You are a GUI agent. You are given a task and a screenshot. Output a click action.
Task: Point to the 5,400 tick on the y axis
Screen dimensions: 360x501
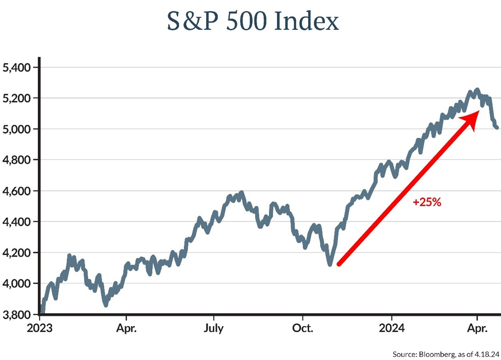pyautogui.click(x=15, y=68)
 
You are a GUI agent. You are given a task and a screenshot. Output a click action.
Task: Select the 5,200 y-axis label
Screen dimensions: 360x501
pyautogui.click(x=15, y=98)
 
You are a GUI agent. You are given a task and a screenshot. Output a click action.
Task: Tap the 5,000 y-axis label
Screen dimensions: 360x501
pyautogui.click(x=15, y=129)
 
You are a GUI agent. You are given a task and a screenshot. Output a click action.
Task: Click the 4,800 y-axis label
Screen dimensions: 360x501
pyautogui.click(x=15, y=160)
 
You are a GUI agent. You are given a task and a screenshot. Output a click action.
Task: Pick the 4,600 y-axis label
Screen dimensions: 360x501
pyautogui.click(x=15, y=191)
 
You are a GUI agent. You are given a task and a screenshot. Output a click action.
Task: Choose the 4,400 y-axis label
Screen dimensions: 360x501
pyautogui.click(x=15, y=221)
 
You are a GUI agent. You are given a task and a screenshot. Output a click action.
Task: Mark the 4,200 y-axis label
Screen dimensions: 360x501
pyautogui.click(x=15, y=253)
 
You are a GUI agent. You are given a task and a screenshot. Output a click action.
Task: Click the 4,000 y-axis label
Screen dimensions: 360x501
pyautogui.click(x=15, y=283)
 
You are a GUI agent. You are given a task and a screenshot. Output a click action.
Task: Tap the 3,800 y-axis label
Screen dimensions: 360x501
pyautogui.click(x=15, y=314)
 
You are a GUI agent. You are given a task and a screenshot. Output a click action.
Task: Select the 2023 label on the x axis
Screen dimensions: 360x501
pyautogui.click(x=40, y=330)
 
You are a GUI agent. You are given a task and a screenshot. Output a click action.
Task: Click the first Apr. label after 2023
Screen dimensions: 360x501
pyautogui.click(x=126, y=330)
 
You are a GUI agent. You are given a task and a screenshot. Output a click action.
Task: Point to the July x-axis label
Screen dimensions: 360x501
pyautogui.click(x=214, y=330)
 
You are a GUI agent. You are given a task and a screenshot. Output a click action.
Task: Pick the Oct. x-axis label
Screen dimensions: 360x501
pyautogui.click(x=303, y=330)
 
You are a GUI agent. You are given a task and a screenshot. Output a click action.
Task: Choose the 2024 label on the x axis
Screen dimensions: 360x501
pyautogui.click(x=391, y=330)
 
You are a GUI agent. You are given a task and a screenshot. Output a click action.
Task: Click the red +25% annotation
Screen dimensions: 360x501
pyautogui.click(x=427, y=203)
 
